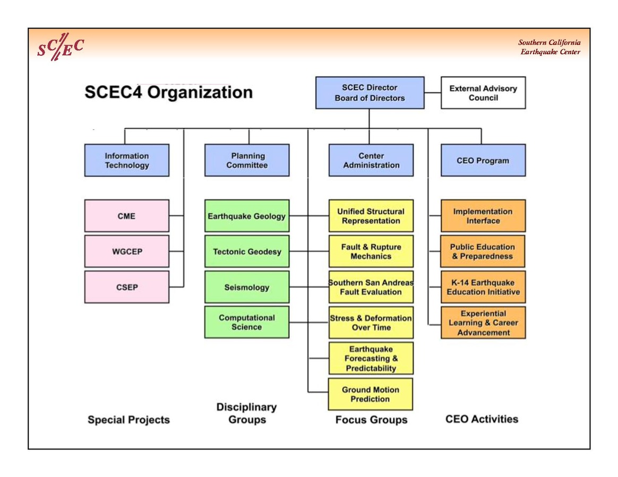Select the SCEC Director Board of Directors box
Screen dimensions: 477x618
(x=370, y=93)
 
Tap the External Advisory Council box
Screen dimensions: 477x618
(x=483, y=93)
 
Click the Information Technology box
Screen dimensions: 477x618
(x=127, y=160)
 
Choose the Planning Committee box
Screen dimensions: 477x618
(x=247, y=160)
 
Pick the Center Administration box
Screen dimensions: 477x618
(x=371, y=160)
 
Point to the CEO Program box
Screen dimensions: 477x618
(x=483, y=160)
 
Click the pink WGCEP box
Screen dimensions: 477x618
(x=127, y=251)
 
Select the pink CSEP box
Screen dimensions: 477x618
(x=127, y=287)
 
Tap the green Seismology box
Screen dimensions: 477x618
(x=247, y=287)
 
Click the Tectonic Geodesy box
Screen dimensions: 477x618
(x=247, y=251)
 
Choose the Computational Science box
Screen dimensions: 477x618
(x=247, y=322)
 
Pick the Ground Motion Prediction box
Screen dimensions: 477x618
(x=371, y=394)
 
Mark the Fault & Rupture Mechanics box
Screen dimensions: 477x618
(x=371, y=251)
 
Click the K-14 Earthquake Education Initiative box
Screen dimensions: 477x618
(x=483, y=287)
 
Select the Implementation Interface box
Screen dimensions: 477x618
(x=483, y=216)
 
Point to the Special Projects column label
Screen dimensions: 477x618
(x=128, y=420)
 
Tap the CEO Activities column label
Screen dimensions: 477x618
(x=482, y=419)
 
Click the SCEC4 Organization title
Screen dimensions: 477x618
(x=168, y=92)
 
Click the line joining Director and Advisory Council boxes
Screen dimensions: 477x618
(x=433, y=93)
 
